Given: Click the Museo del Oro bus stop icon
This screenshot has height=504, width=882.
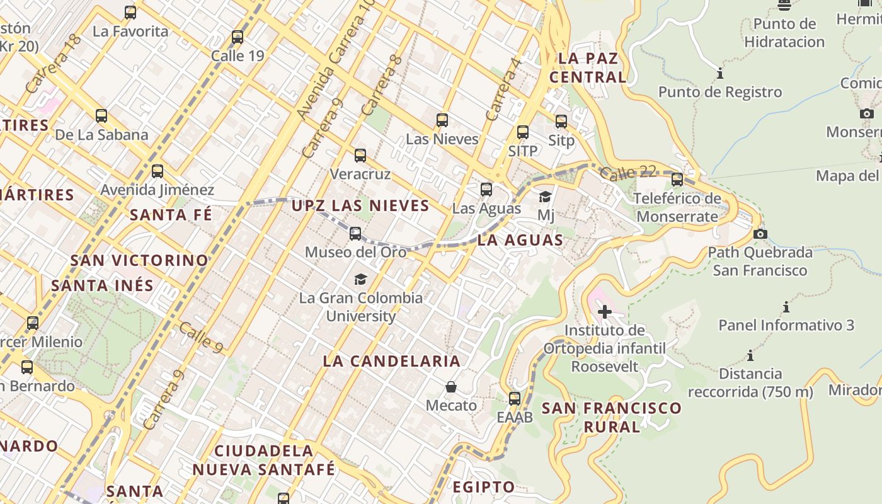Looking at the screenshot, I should [x=355, y=234].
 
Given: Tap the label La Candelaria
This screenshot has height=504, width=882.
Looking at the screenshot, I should [x=391, y=361].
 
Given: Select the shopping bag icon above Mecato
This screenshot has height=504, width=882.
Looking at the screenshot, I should [x=451, y=386].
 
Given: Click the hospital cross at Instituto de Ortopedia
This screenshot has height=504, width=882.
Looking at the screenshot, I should [x=605, y=311].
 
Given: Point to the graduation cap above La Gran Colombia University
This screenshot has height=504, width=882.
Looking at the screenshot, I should [x=360, y=279].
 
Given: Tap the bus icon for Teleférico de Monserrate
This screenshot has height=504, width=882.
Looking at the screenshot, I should [x=677, y=180].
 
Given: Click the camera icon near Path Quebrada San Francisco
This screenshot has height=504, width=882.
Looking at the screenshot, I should [x=760, y=234].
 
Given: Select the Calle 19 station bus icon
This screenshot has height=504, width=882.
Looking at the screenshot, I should [x=238, y=37].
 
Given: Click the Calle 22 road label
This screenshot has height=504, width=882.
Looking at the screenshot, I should [x=627, y=172].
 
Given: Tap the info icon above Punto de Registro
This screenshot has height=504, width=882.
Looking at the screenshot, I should [x=720, y=74].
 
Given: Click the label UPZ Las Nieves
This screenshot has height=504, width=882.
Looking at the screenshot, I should [x=360, y=205].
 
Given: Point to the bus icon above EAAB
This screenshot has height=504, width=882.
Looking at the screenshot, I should [x=515, y=398].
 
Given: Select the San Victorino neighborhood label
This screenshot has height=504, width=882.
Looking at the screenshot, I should [x=139, y=260].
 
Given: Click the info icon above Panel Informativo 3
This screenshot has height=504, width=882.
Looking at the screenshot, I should [x=786, y=307].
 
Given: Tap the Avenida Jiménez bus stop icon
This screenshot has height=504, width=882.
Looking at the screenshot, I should [x=157, y=171].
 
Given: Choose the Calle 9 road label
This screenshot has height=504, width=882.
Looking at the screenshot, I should [x=200, y=337].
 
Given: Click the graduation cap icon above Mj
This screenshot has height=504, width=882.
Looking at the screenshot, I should [x=546, y=197].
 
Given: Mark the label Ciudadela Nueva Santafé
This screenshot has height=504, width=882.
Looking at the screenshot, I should [x=264, y=460].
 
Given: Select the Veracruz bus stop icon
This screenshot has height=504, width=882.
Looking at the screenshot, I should [x=360, y=156].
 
